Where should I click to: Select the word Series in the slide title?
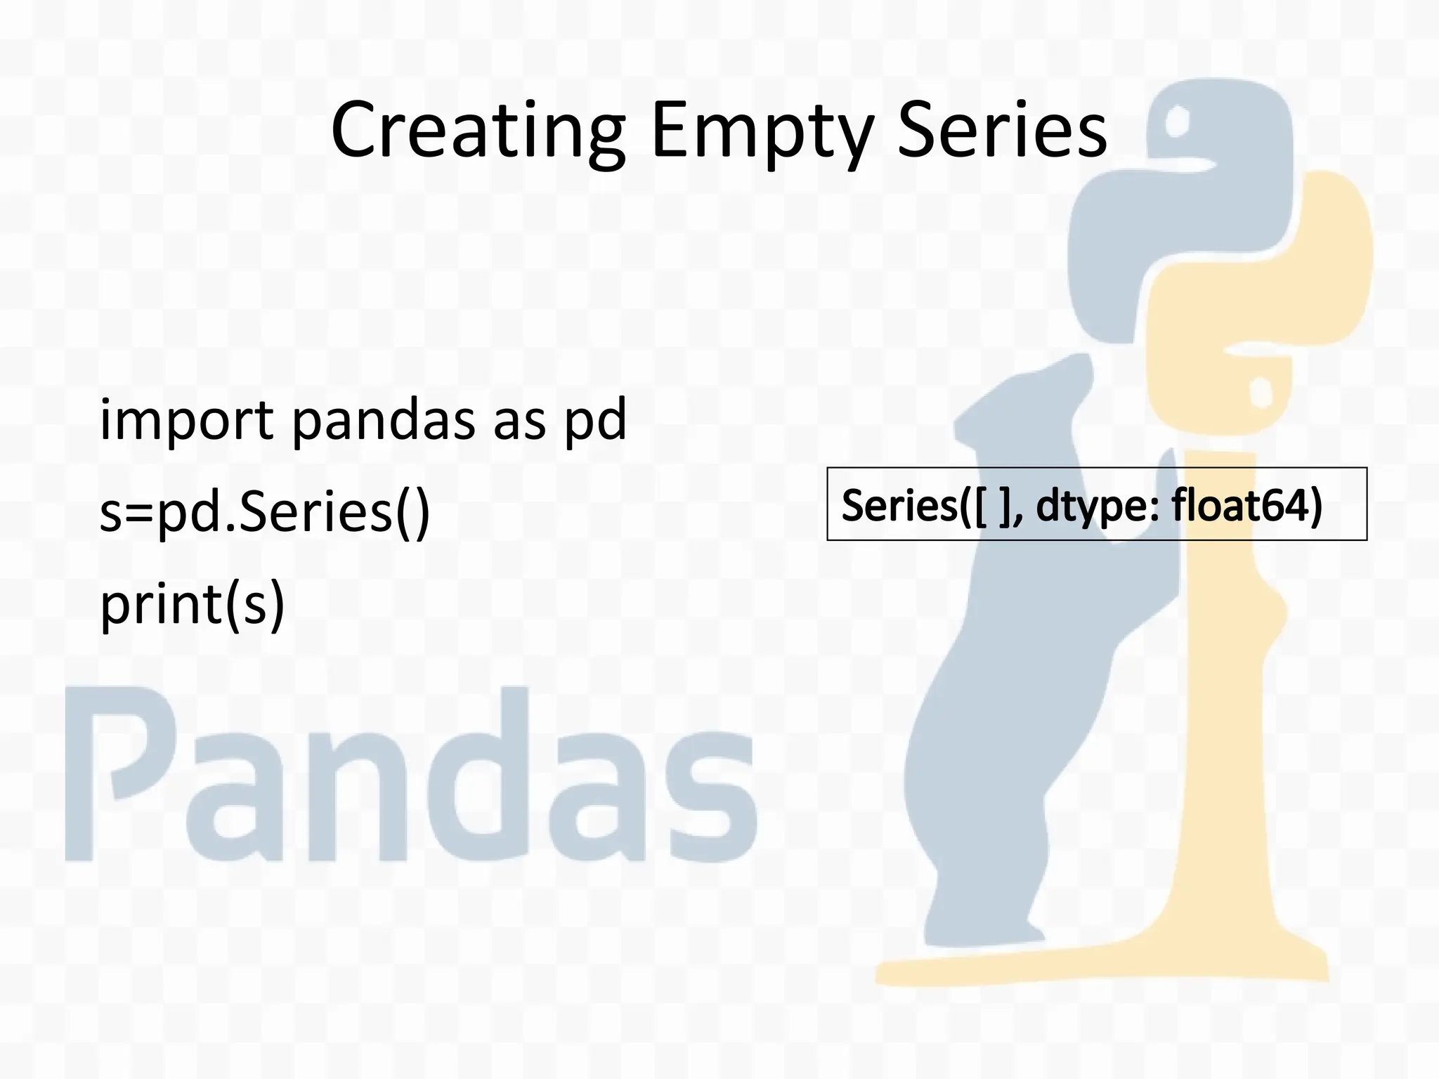tap(1001, 131)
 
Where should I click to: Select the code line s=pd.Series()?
tap(265, 513)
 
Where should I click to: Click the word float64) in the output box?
tap(1246, 505)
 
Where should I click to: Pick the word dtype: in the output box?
tap(1097, 506)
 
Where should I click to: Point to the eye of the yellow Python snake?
tap(1261, 391)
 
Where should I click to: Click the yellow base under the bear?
tap(1096, 969)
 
